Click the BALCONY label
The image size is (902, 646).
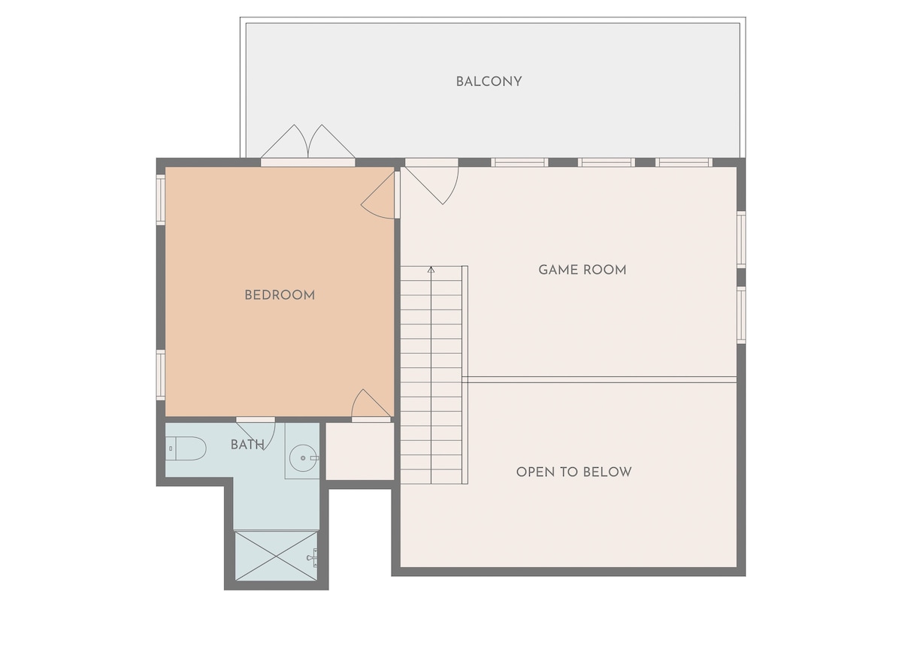[489, 82]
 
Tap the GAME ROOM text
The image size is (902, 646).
[583, 270]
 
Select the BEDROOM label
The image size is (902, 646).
[280, 295]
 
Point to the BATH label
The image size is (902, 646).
[247, 445]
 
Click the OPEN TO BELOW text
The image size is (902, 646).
[574, 472]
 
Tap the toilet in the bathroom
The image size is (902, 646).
[186, 448]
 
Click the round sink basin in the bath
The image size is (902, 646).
[303, 458]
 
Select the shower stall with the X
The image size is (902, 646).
[277, 556]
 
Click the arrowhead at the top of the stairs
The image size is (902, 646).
[431, 270]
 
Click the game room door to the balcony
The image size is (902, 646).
[431, 181]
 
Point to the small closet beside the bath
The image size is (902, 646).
[359, 451]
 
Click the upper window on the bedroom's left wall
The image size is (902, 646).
[160, 200]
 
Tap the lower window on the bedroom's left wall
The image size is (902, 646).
[160, 375]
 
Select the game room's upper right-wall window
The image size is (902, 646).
[741, 240]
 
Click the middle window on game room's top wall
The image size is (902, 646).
[607, 162]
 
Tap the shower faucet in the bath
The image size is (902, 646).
[313, 557]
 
